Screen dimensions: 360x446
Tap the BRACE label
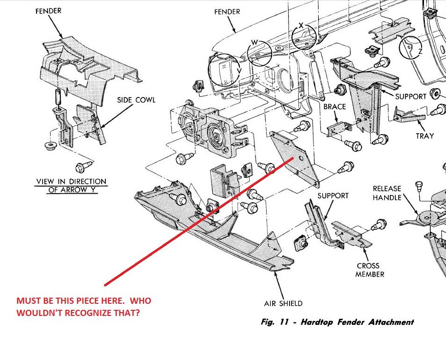pos(334,106)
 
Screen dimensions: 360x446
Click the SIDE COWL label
pos(136,100)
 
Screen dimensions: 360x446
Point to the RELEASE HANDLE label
pos(387,193)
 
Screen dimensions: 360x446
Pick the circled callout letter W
pos(255,43)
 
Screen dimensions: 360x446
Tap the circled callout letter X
pos(301,25)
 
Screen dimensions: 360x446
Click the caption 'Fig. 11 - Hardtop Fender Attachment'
pos(337,322)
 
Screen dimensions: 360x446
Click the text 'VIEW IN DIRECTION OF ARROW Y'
pos(71,186)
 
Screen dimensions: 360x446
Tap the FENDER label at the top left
pos(48,11)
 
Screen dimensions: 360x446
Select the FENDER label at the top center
pos(227,12)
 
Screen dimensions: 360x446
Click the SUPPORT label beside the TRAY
pos(410,97)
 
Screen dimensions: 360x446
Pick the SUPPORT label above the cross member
pos(333,195)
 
